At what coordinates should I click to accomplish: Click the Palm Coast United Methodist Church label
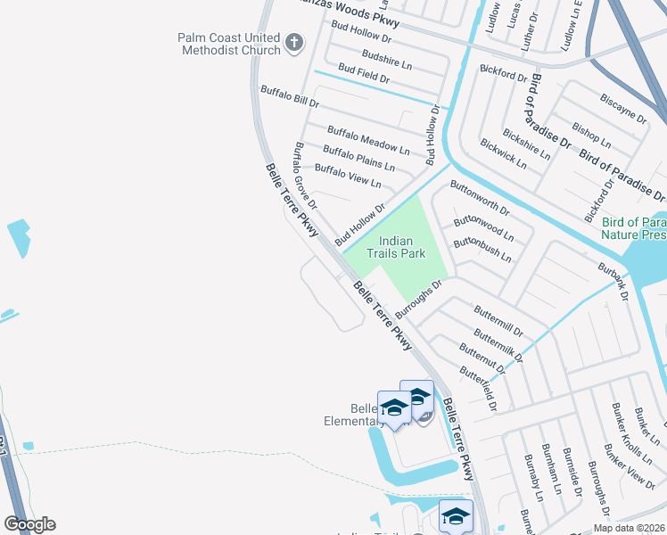coord(228,44)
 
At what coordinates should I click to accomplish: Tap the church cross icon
coord(295,42)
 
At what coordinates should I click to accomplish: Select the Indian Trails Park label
coord(402,247)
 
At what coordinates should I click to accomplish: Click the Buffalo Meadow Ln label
coord(368,140)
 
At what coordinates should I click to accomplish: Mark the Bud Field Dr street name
coord(363,74)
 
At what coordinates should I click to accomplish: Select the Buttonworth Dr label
coord(480,199)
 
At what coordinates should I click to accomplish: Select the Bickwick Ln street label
coord(503,155)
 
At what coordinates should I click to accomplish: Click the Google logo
coord(29,524)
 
